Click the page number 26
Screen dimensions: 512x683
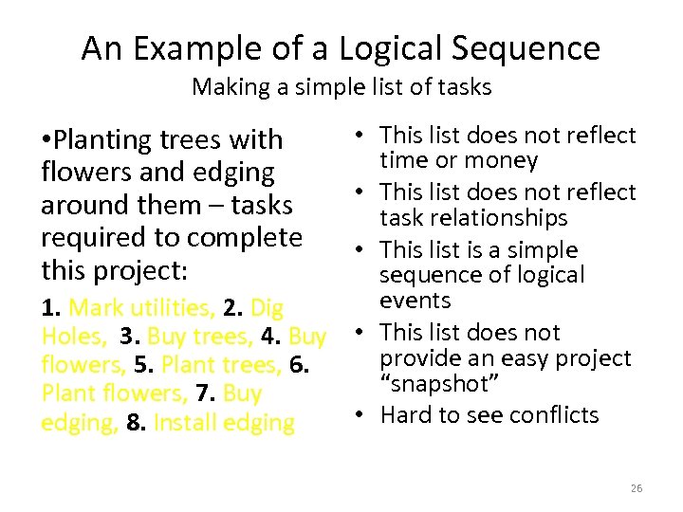pyautogui.click(x=637, y=488)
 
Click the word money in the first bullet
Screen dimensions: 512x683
pyautogui.click(x=502, y=161)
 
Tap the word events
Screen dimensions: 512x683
pyautogui.click(x=415, y=301)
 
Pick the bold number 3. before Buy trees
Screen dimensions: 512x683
pyautogui.click(x=130, y=337)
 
